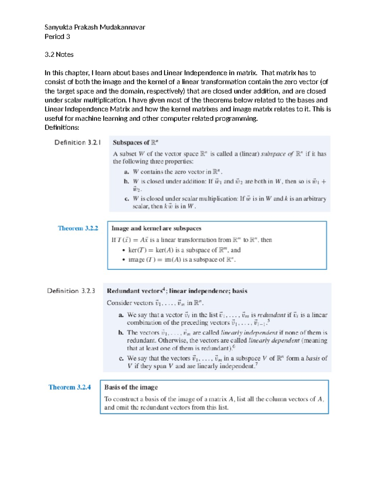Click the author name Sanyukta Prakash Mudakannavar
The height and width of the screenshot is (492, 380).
95,27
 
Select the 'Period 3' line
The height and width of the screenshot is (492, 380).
57,36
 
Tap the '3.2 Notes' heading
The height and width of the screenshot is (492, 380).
59,54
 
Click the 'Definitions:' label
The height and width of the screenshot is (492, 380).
62,127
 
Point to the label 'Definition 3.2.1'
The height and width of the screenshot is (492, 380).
78,143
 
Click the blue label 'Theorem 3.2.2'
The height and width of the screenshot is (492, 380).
78,228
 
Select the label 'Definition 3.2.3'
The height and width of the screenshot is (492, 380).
71,291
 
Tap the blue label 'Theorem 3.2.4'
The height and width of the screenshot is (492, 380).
69,387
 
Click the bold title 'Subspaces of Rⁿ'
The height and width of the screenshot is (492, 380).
135,143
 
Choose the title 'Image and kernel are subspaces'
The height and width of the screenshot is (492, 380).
156,228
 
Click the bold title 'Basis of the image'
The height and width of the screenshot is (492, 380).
131,387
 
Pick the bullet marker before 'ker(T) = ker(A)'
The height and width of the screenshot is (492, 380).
123,250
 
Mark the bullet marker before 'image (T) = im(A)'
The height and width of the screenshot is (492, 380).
123,260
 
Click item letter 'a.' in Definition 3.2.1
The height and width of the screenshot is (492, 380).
127,172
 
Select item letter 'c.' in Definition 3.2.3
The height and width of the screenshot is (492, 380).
121,359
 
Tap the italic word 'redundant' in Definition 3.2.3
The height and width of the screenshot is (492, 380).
271,315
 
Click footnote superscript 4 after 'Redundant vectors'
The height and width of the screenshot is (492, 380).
164,289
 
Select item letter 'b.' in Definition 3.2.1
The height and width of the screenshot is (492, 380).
127,182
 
